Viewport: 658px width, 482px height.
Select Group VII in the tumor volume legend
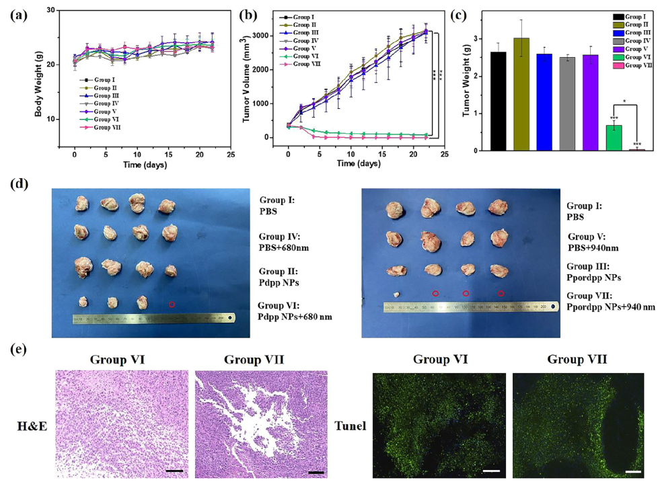pos(305,63)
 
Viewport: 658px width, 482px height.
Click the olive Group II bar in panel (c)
pos(522,94)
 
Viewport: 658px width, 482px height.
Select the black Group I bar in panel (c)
pos(498,101)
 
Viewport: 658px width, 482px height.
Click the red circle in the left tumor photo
pos(172,305)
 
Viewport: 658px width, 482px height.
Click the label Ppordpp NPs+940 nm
pos(610,307)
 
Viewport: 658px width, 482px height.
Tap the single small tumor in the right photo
pos(397,294)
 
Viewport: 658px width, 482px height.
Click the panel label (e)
pos(17,351)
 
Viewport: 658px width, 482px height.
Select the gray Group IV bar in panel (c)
pos(567,104)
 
